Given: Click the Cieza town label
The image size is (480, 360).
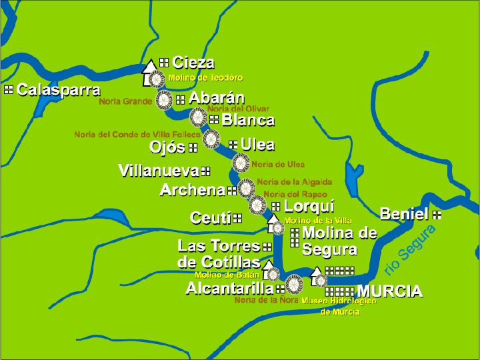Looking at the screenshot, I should (193, 63).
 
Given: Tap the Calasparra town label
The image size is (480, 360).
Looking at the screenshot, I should (59, 90).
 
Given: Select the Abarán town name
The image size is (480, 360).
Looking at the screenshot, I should (216, 99).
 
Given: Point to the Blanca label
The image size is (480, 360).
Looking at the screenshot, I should (247, 120).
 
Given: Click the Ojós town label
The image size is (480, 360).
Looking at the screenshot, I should (167, 147).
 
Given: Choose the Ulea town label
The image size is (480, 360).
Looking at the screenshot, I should (257, 144).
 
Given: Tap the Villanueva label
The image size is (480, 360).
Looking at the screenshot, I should (159, 171).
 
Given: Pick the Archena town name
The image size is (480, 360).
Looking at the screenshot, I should (193, 190).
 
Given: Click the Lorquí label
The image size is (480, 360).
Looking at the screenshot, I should (309, 206).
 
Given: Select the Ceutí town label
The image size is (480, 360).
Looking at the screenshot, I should (210, 218).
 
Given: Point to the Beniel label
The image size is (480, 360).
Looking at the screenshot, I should (404, 214).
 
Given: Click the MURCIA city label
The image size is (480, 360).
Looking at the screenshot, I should (390, 291).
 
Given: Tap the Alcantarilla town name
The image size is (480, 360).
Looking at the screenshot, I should (229, 288).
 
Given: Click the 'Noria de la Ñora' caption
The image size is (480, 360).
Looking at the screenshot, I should (266, 300).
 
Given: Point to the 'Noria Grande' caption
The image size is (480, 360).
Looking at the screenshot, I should (125, 102).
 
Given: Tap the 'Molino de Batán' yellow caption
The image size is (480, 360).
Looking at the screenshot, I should (227, 274).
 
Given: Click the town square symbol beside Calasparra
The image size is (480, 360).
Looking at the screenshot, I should (9, 89).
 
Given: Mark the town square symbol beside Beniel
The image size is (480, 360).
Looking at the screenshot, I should (437, 215).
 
